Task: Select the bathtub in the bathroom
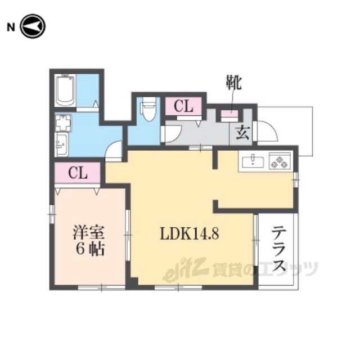[x=65, y=91]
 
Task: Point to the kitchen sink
[x=253, y=162]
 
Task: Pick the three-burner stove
[x=280, y=162]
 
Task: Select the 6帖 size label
[x=89, y=249]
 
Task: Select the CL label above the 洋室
[x=78, y=173]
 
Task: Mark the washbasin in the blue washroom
[x=62, y=145]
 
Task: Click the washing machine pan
[x=63, y=123]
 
